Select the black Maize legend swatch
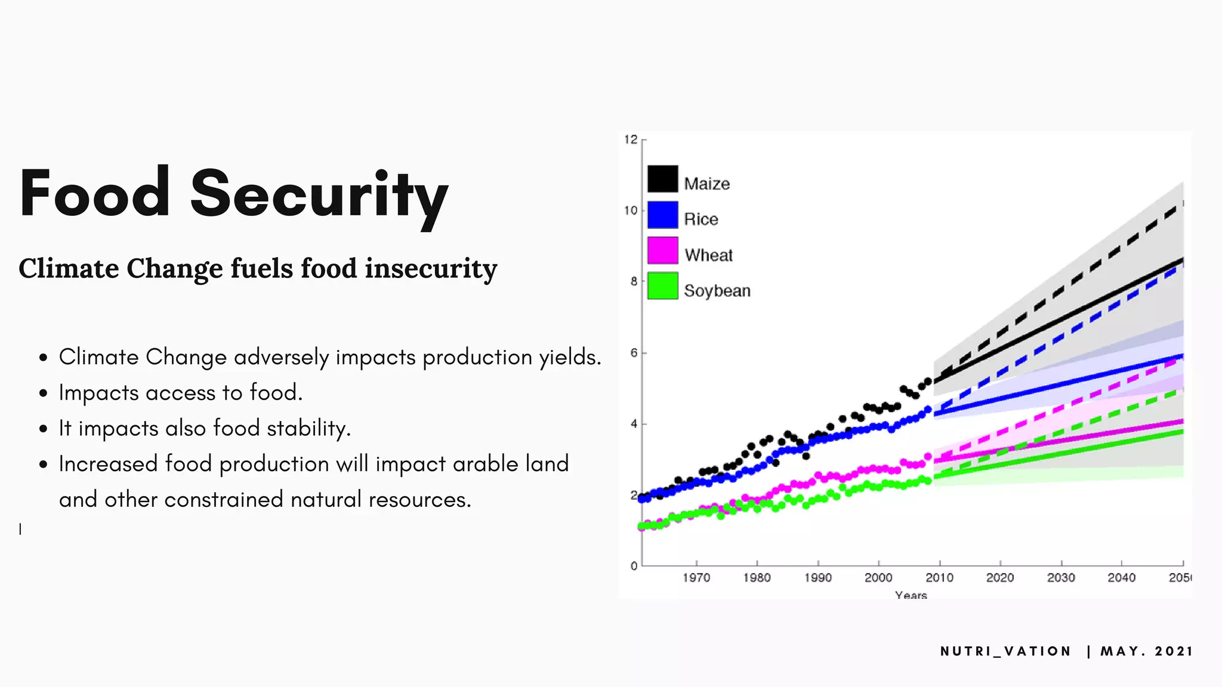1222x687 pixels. pyautogui.click(x=662, y=179)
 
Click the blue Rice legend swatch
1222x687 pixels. pyautogui.click(x=662, y=215)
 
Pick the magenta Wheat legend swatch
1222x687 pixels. pyautogui.click(x=662, y=250)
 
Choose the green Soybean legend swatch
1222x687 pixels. pyautogui.click(x=662, y=286)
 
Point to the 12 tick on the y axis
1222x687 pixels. pyautogui.click(x=631, y=140)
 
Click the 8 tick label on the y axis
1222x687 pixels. pyautogui.click(x=634, y=281)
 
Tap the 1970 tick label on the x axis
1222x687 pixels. pyautogui.click(x=696, y=578)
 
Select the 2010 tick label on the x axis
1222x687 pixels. pyautogui.click(x=939, y=578)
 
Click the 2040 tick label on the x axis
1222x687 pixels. pyautogui.click(x=1121, y=578)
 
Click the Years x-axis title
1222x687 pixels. pyautogui.click(x=911, y=595)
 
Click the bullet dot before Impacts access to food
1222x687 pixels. pyautogui.click(x=43, y=394)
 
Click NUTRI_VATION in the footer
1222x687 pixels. pyautogui.click(x=1005, y=651)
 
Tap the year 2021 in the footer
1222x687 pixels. pyautogui.click(x=1173, y=651)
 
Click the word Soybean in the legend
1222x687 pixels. pyautogui.click(x=717, y=291)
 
